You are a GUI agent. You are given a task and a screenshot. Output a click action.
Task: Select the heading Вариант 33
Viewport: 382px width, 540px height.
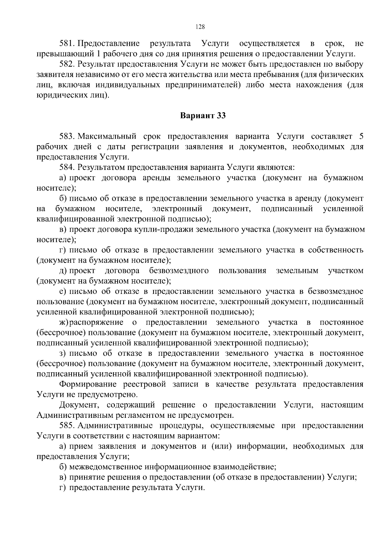[203, 116]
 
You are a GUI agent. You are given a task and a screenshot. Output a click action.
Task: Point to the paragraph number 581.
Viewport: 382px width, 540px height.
[67, 43]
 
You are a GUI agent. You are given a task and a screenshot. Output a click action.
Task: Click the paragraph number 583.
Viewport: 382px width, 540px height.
[67, 137]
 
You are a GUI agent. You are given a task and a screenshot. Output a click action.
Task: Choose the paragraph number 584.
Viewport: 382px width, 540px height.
[67, 167]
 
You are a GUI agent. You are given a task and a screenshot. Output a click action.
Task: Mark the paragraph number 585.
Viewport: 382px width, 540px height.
[67, 425]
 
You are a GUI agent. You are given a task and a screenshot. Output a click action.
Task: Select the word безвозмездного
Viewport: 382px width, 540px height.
[179, 270]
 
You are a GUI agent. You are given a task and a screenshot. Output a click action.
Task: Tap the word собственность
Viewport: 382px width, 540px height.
[336, 250]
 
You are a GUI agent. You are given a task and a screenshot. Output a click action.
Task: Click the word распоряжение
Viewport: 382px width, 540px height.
[96, 322]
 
